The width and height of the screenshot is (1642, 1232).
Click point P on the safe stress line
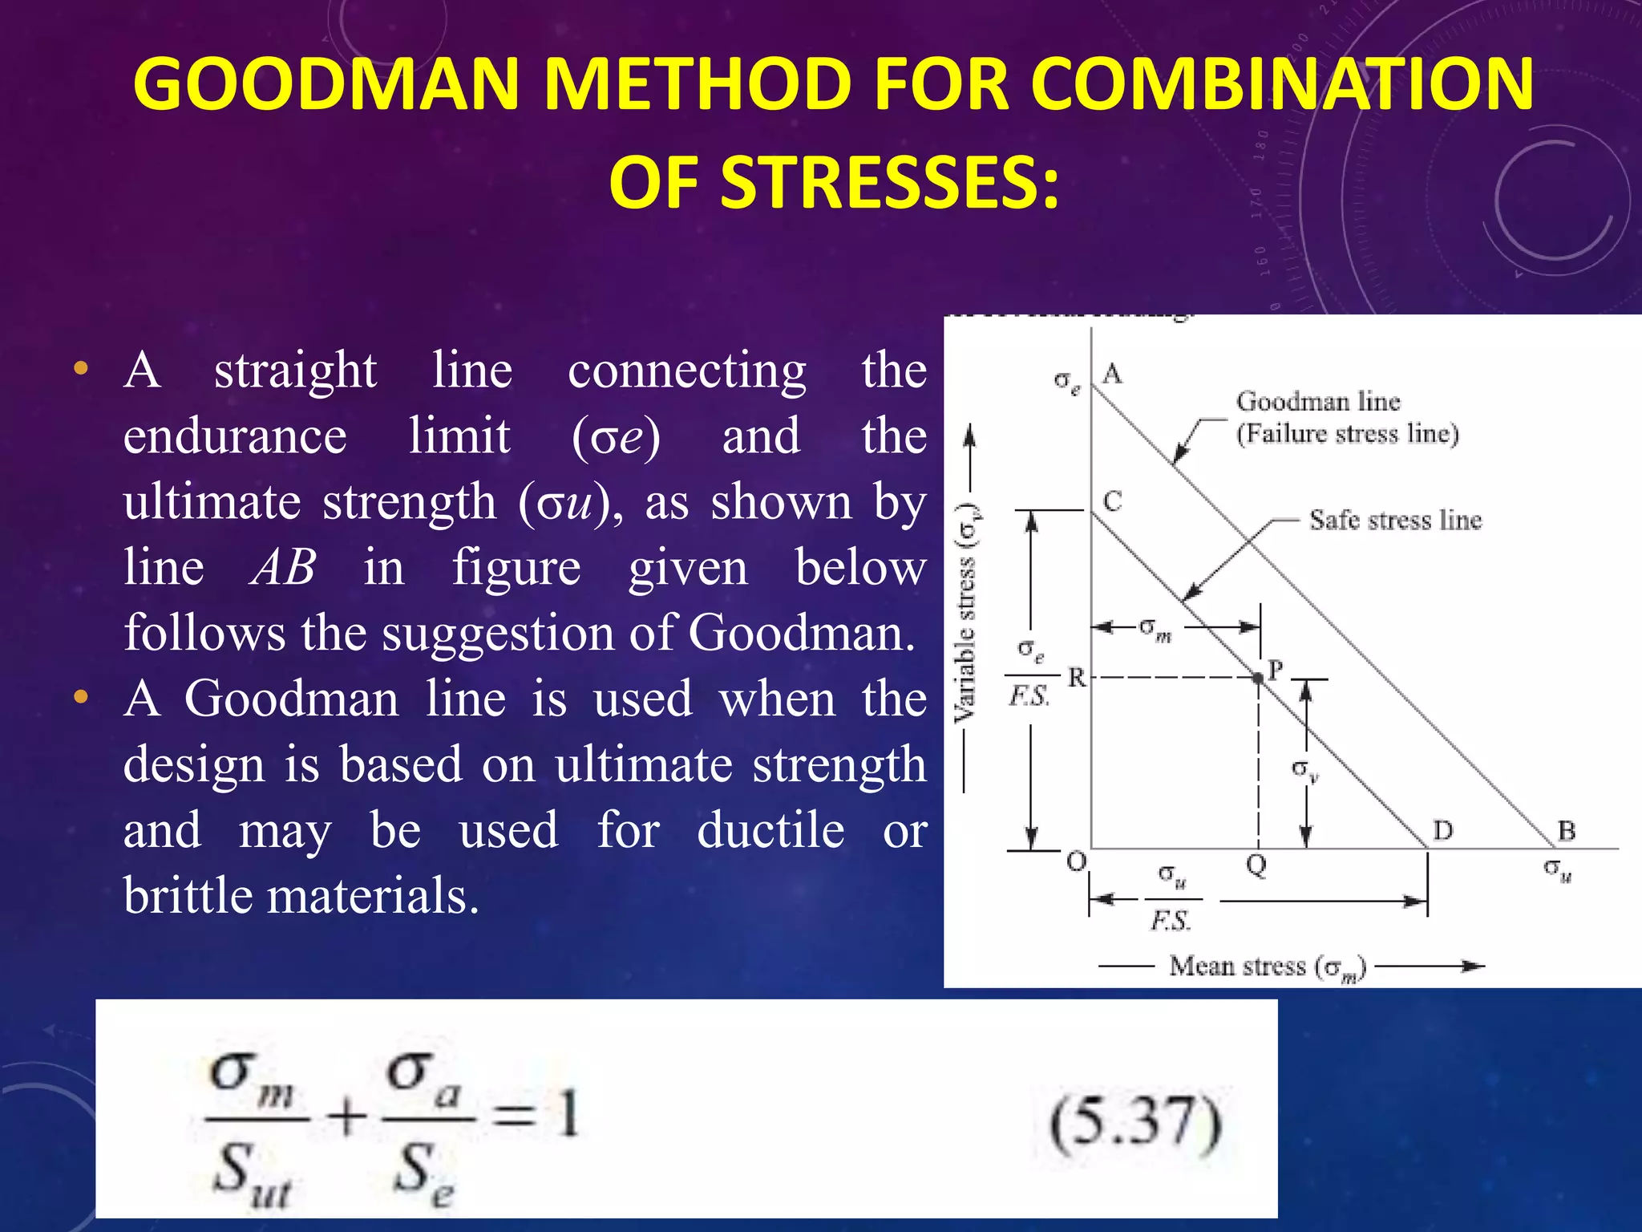[x=1258, y=678]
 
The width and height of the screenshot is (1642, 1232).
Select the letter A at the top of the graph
[x=1112, y=374]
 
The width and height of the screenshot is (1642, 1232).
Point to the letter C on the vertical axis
[x=1112, y=501]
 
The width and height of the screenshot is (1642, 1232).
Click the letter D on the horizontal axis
[x=1442, y=830]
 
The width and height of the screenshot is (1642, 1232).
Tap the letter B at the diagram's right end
[x=1566, y=830]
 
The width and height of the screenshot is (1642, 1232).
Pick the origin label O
[x=1076, y=862]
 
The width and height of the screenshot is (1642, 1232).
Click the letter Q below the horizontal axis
[x=1256, y=865]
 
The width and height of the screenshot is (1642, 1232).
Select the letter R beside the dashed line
[x=1076, y=679]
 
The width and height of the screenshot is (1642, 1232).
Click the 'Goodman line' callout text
[x=1317, y=401]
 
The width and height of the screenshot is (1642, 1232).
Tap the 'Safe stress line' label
[x=1395, y=520]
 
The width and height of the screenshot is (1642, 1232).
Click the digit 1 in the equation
[x=568, y=1115]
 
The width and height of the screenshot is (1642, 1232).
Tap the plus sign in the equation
[x=347, y=1117]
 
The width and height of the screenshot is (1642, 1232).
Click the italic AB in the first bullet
[x=283, y=568]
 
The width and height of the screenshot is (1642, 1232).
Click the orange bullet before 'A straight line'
[x=80, y=370]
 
